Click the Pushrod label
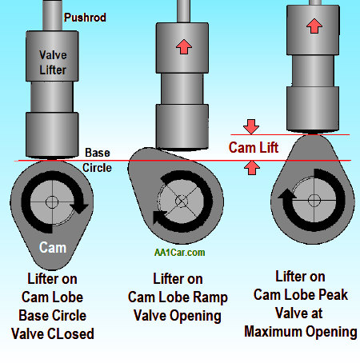85,18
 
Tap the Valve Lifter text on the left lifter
53,62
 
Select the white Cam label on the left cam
53,248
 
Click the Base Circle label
97,160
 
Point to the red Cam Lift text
254,147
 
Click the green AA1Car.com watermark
179,253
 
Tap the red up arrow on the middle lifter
184,46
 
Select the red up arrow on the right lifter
314,26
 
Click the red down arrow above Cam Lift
251,126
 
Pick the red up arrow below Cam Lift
252,168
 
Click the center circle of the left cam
52,202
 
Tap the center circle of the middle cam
182,201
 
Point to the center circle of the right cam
314,200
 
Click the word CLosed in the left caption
70,333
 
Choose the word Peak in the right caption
334,294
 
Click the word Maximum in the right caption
273,332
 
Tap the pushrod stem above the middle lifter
183,11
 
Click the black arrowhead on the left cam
79,208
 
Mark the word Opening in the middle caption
195,316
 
